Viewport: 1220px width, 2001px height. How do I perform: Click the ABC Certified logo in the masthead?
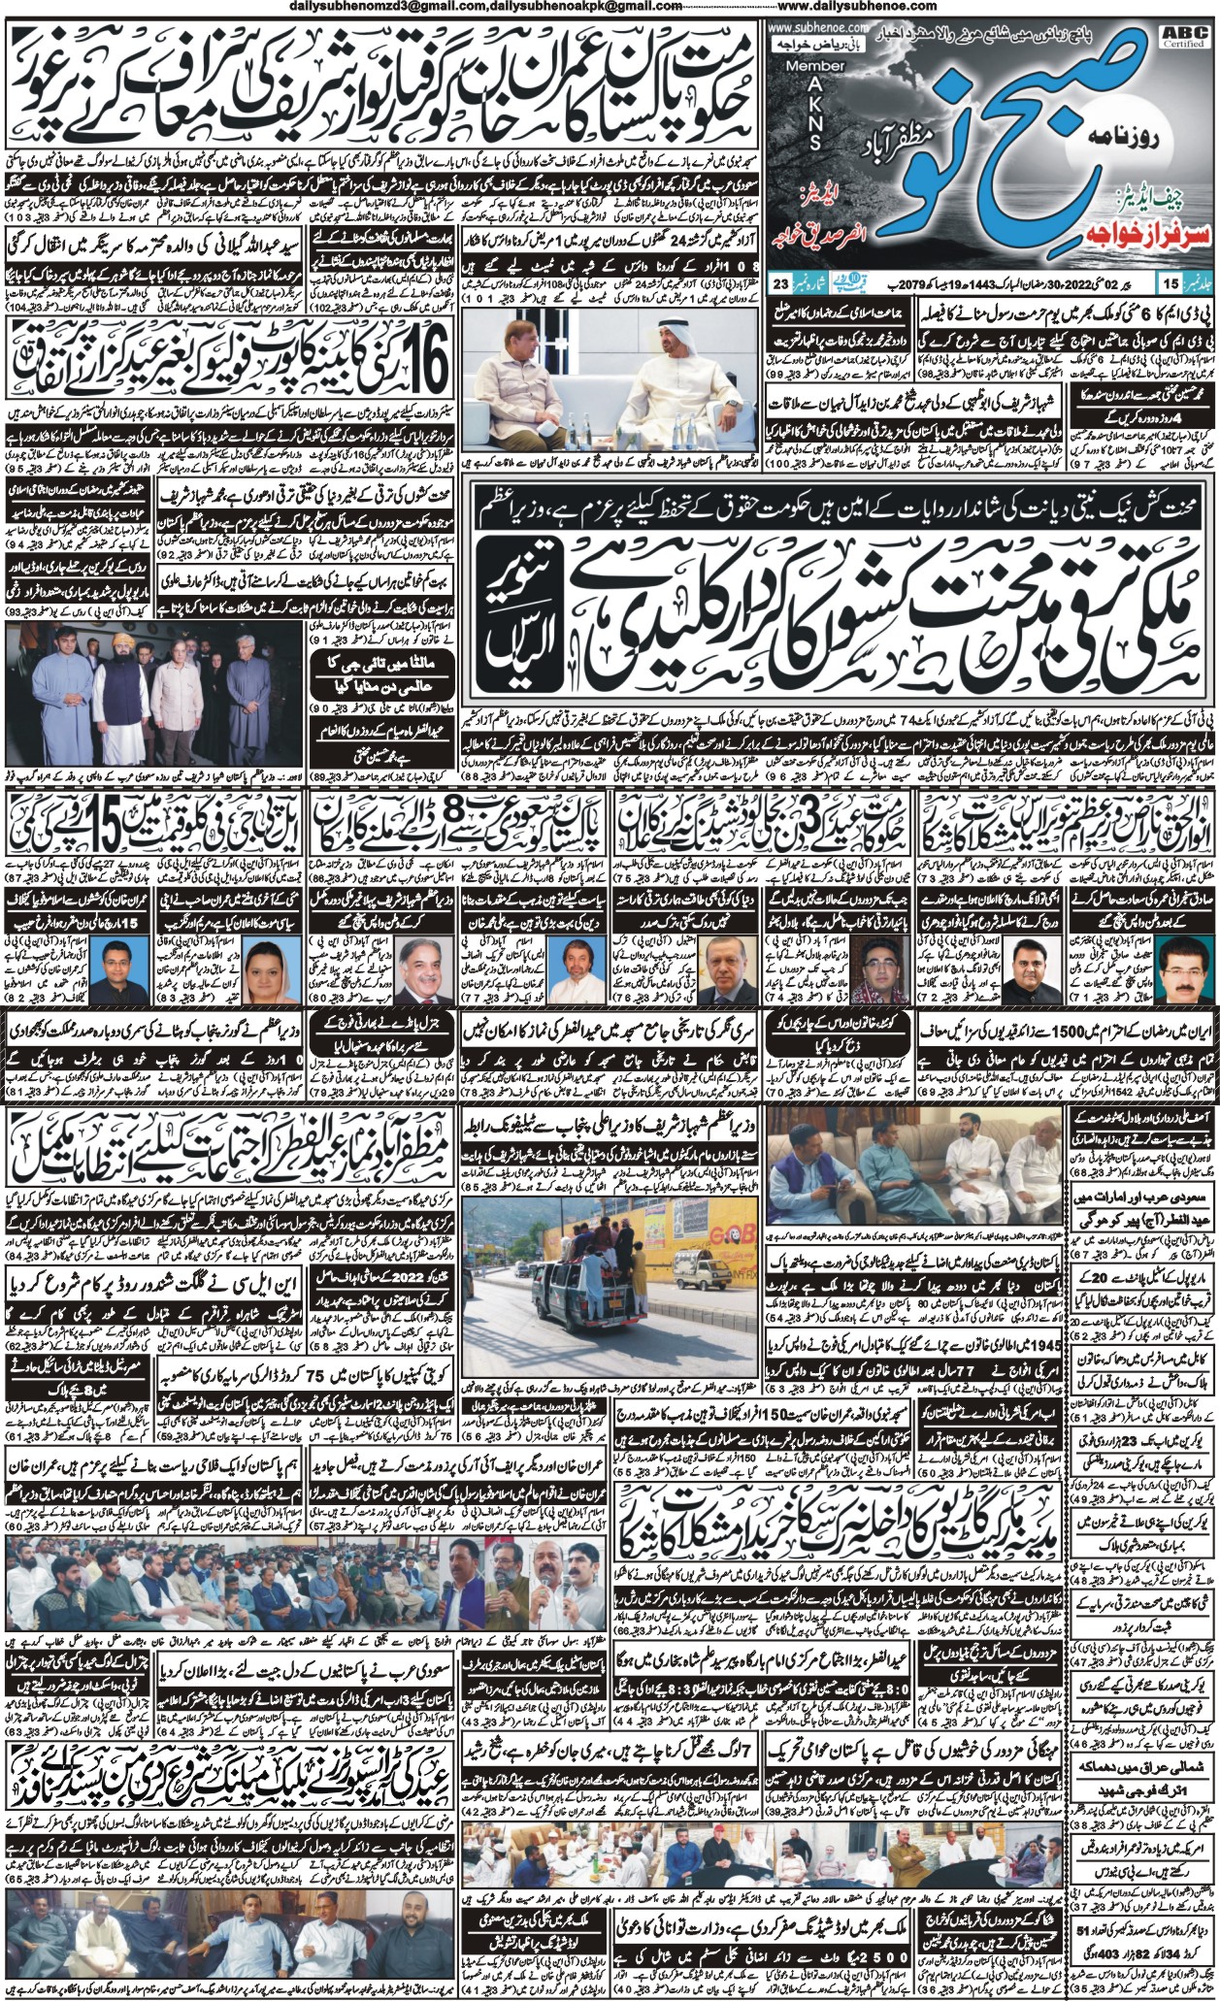pyautogui.click(x=1190, y=37)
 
